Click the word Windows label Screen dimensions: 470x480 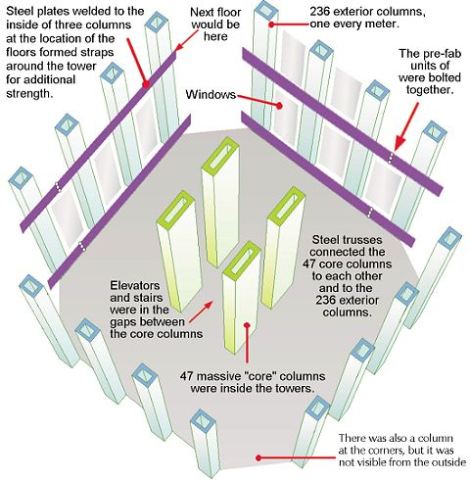211,95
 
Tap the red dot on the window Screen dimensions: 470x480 279,106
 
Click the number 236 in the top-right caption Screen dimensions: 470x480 320,12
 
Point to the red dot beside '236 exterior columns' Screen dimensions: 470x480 271,24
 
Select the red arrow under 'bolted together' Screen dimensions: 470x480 406,126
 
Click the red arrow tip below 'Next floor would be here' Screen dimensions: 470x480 176,50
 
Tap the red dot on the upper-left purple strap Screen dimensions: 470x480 146,84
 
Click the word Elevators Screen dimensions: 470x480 135,286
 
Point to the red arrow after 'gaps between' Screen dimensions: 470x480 201,312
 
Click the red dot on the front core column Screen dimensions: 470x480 247,325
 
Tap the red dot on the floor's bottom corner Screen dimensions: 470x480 258,457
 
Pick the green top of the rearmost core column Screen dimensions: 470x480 220,154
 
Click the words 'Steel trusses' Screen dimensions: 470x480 347,240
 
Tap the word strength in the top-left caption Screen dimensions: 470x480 29,94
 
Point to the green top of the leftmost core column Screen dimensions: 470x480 175,209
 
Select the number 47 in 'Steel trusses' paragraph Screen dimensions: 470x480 308,264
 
